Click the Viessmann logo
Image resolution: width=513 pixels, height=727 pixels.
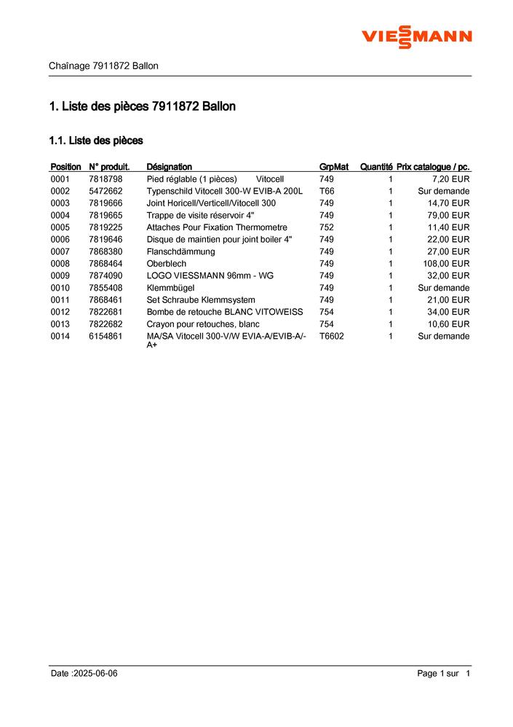[x=417, y=36]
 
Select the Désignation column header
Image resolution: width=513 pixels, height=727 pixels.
[x=169, y=167]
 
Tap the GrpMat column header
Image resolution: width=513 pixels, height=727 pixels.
[x=334, y=167]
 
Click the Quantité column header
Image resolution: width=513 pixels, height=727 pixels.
[x=376, y=167]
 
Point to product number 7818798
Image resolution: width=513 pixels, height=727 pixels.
[x=106, y=179]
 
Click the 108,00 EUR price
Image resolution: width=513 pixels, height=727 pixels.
[x=446, y=264]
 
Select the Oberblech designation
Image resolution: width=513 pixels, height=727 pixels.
[x=167, y=264]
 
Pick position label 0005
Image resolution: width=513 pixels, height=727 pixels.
[x=60, y=227]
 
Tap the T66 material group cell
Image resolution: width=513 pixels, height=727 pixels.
[x=327, y=191]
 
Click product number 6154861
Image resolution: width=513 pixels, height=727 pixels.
[x=106, y=336]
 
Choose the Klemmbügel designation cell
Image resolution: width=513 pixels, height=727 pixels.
[x=170, y=288]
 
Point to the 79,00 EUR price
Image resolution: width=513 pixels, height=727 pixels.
[x=448, y=216]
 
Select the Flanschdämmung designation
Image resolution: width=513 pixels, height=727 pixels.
[x=180, y=251]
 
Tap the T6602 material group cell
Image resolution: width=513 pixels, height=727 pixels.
[x=332, y=336]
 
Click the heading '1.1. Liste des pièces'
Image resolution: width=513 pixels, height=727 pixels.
[x=95, y=140]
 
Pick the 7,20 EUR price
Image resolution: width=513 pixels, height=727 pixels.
[x=451, y=179]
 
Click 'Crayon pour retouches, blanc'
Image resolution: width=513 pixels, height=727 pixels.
[x=203, y=324]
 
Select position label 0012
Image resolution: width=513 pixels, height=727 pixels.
[x=60, y=312]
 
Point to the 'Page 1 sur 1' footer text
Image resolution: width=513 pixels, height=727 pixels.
[x=444, y=674]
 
